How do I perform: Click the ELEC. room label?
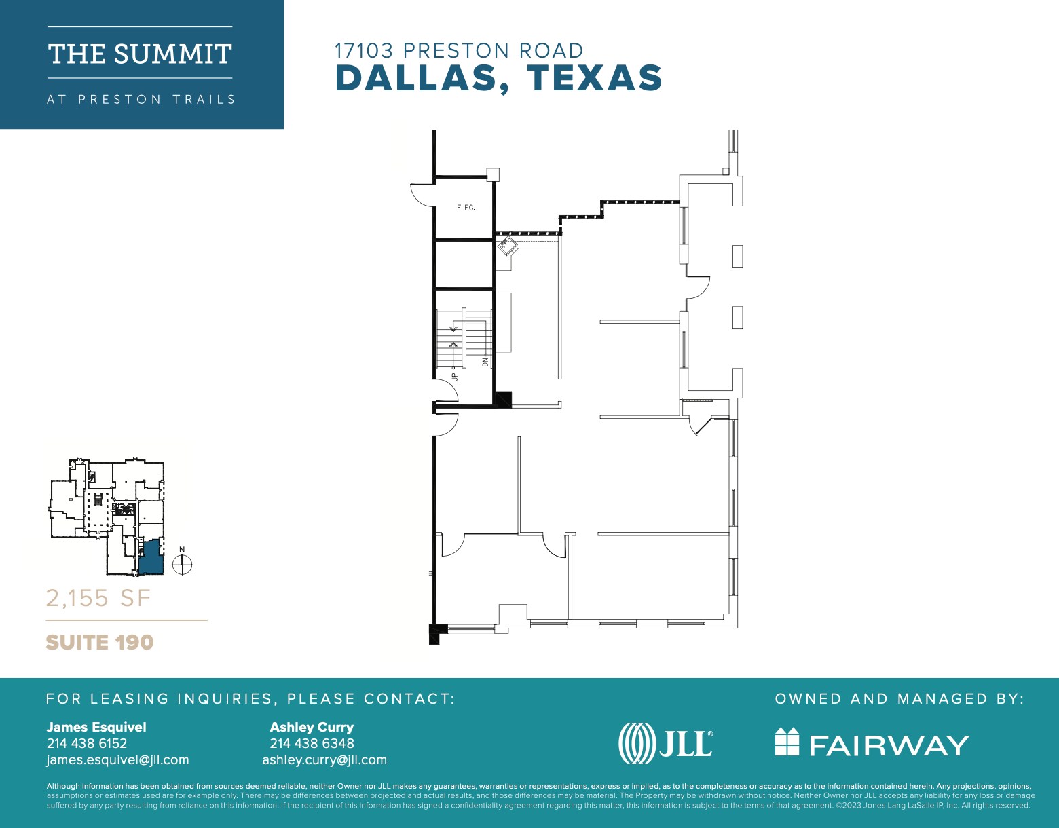[x=466, y=208]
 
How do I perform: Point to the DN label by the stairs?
[x=485, y=362]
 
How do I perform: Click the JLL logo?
[x=666, y=743]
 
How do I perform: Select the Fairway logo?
[x=872, y=743]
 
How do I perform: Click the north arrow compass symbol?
[x=183, y=564]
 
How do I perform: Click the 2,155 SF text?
[x=98, y=598]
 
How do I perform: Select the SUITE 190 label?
[x=100, y=642]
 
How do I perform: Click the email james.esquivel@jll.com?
[x=117, y=760]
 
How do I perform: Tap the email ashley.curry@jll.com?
[x=324, y=760]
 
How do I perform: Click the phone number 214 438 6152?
[x=87, y=743]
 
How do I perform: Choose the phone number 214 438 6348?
[x=312, y=743]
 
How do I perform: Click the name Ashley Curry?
[x=312, y=727]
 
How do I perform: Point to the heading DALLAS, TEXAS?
[x=499, y=78]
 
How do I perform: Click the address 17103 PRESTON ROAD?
[x=459, y=51]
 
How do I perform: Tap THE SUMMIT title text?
[x=140, y=54]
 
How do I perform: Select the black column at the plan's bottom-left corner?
[x=434, y=633]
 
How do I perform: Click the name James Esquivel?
[x=96, y=727]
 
